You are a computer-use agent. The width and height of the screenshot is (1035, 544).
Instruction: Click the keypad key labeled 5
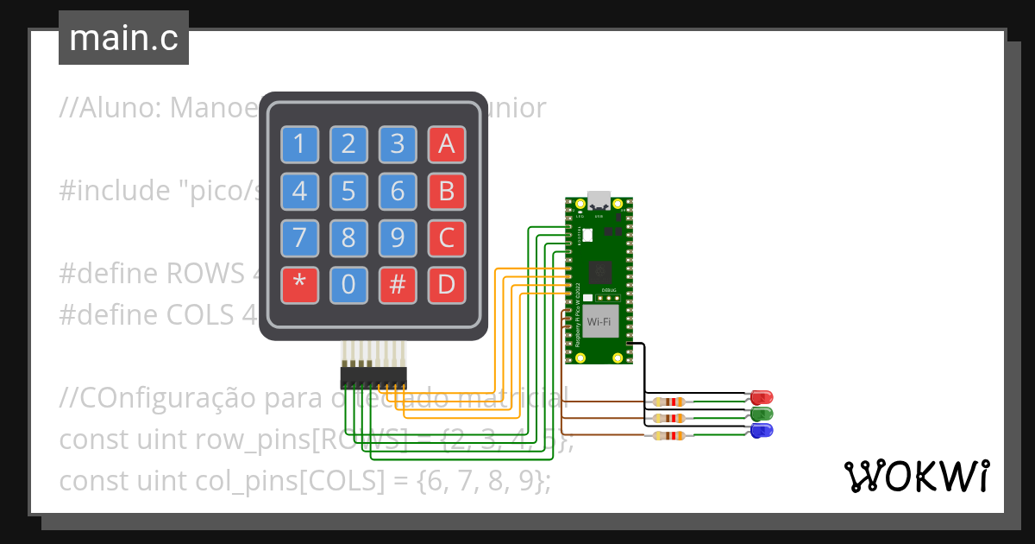[348, 191]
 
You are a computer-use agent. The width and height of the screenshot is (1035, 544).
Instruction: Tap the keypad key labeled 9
[398, 237]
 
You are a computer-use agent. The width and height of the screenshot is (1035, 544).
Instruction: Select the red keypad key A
[447, 144]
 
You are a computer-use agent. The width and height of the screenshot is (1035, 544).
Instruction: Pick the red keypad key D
[447, 284]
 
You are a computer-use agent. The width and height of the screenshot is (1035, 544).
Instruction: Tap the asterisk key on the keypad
[299, 284]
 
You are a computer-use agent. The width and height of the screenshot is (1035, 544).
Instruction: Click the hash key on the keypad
[398, 284]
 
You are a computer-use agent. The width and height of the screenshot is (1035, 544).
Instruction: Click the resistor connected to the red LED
[670, 402]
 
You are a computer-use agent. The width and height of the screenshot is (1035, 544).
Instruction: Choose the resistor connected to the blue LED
[670, 435]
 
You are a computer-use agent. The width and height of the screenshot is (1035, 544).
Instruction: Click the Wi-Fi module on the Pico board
[600, 322]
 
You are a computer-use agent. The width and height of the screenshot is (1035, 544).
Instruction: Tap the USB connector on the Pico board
[597, 199]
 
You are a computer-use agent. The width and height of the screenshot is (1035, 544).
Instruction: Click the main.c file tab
[123, 39]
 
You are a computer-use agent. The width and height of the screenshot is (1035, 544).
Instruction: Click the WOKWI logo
[917, 476]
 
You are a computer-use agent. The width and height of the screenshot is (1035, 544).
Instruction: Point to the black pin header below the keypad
[373, 376]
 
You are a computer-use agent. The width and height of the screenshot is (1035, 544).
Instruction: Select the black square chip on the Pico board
[600, 271]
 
